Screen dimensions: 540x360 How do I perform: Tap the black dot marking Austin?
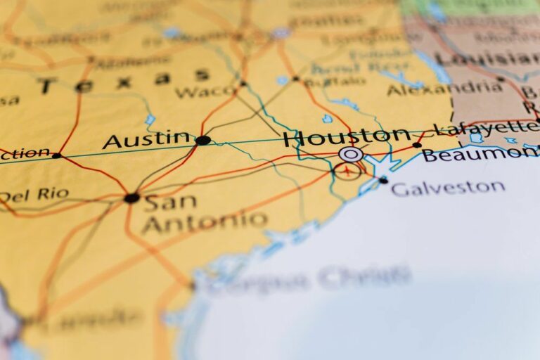click(x=202, y=140)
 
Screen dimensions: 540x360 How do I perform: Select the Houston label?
click(x=347, y=136)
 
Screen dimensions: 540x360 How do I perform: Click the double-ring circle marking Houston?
click(x=350, y=154)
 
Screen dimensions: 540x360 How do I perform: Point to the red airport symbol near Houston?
click(x=347, y=169)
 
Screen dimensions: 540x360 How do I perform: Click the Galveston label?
click(x=448, y=188)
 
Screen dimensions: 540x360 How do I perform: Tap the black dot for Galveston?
click(x=382, y=180)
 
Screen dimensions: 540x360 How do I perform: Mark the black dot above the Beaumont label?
click(x=417, y=145)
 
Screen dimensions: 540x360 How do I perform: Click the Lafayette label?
click(x=485, y=128)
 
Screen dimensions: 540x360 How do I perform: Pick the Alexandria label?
click(x=444, y=89)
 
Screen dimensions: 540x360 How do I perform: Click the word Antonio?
click(x=204, y=223)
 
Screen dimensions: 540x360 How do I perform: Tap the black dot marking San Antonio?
click(x=131, y=198)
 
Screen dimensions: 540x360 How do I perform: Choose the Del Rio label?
click(x=34, y=195)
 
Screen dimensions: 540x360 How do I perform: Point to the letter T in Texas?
click(x=47, y=86)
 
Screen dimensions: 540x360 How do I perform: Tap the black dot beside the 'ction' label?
click(x=56, y=155)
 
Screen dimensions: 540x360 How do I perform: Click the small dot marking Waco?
click(x=243, y=84)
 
